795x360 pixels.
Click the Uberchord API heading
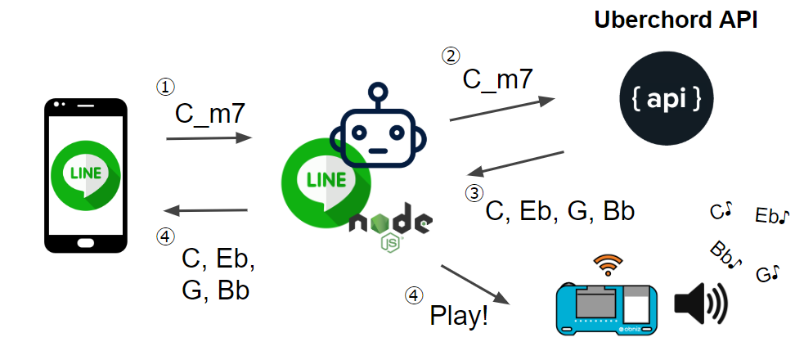[676, 19]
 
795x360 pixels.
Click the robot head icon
[376, 131]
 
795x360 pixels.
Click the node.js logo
[390, 228]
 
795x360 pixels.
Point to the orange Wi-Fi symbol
[606, 264]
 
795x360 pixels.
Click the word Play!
[459, 316]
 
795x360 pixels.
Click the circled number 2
[451, 56]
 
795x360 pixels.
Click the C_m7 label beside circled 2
[497, 79]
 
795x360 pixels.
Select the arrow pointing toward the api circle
[501, 110]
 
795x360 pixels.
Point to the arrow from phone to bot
[209, 138]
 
